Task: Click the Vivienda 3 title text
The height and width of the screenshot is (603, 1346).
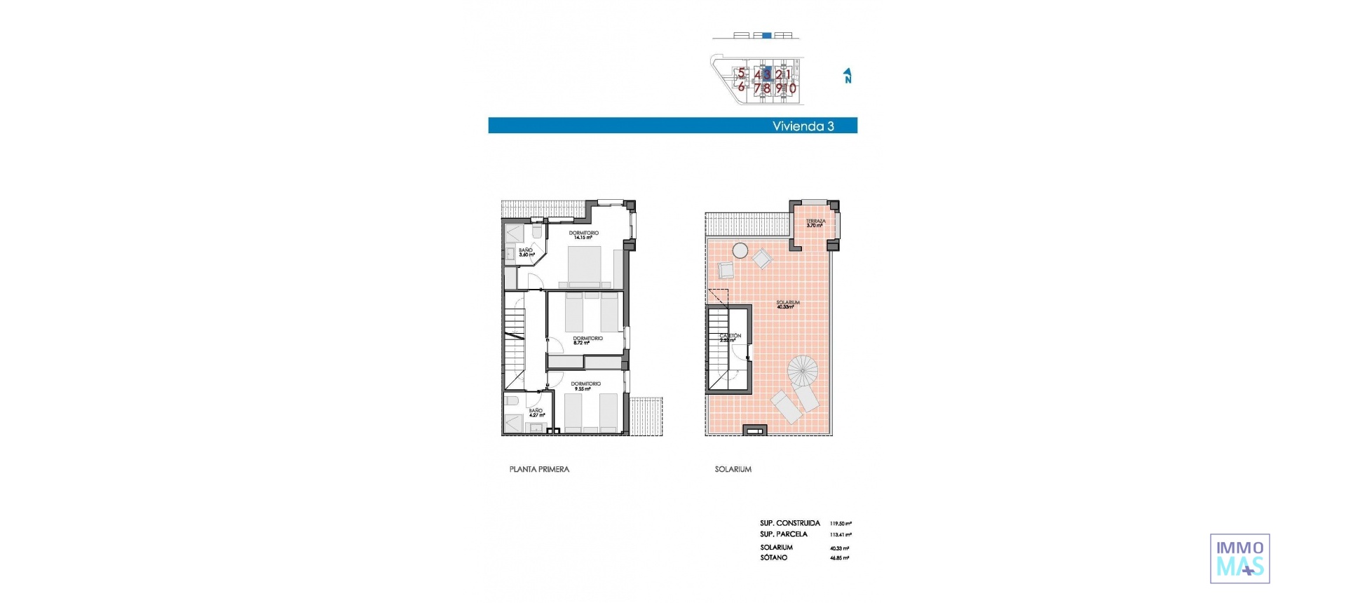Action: click(803, 126)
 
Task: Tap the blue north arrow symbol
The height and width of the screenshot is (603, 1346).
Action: click(848, 76)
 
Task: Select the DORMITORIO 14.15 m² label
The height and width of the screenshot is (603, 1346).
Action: click(583, 235)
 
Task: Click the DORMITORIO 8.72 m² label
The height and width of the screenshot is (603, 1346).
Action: click(587, 340)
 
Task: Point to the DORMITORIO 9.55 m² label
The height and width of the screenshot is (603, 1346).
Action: click(585, 386)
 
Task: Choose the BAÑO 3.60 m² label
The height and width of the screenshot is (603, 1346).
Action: click(526, 252)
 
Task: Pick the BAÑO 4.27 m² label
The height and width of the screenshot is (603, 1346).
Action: click(536, 412)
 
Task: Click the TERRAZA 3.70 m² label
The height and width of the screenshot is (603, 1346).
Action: click(815, 223)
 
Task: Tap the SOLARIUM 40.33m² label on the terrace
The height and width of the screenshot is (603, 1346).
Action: click(787, 304)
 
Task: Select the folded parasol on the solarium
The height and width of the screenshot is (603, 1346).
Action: click(803, 369)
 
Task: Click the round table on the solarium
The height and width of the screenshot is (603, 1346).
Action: click(740, 250)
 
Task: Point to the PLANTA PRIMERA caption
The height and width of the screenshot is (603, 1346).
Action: click(539, 469)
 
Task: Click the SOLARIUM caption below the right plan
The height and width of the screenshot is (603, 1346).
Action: click(733, 469)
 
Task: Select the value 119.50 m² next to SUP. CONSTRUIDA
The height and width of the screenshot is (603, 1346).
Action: click(840, 523)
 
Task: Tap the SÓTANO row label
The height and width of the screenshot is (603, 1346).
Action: click(773, 557)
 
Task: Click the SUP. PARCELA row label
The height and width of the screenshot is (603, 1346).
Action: click(783, 534)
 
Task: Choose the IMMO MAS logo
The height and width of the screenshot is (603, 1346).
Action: click(1239, 559)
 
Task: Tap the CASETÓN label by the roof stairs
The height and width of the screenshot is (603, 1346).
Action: click(730, 337)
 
